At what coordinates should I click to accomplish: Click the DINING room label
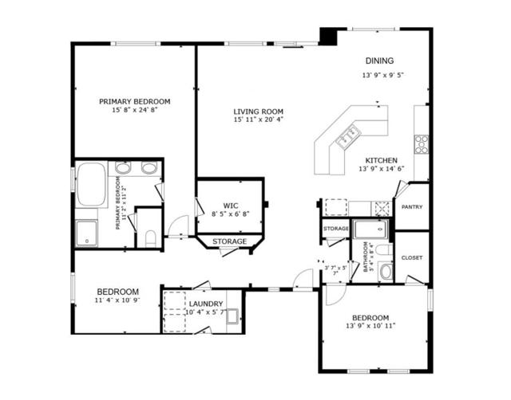[x=381, y=61]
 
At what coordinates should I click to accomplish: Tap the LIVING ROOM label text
[x=259, y=112]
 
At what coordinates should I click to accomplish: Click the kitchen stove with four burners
[x=420, y=144]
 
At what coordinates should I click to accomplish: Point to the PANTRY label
[x=412, y=207]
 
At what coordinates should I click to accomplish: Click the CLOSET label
[x=412, y=257]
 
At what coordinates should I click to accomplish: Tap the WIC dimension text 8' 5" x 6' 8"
[x=230, y=214]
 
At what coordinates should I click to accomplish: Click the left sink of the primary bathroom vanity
[x=124, y=168]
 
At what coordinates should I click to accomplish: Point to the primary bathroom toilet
[x=150, y=237]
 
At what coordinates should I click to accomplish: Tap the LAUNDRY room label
[x=206, y=304]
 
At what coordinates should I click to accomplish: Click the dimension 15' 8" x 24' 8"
[x=135, y=111]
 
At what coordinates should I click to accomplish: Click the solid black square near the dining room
[x=328, y=37]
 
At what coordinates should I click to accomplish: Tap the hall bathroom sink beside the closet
[x=386, y=271]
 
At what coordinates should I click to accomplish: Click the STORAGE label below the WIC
[x=229, y=241]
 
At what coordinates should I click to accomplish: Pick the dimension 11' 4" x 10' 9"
[x=118, y=301]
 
